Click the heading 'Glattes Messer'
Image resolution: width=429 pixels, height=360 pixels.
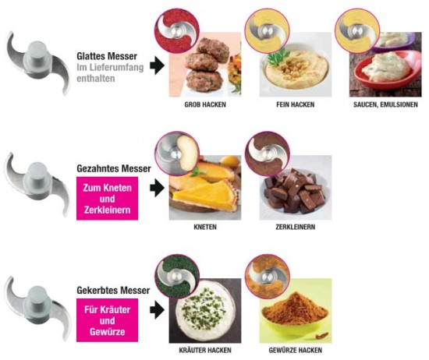tap(107, 56)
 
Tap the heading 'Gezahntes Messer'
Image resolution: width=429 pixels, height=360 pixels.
tap(114, 168)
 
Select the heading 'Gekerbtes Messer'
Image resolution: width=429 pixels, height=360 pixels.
tap(113, 291)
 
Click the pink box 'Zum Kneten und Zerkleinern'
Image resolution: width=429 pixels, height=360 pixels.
tap(108, 199)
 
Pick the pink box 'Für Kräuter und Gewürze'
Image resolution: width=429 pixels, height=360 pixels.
tap(108, 320)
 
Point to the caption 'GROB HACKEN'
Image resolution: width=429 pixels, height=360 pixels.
tap(205, 104)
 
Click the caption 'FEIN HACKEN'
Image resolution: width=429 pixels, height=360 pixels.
tap(295, 104)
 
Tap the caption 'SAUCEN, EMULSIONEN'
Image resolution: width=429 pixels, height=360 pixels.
tap(385, 104)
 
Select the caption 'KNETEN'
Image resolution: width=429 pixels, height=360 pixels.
tap(205, 227)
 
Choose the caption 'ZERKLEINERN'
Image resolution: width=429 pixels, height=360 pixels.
tap(295, 227)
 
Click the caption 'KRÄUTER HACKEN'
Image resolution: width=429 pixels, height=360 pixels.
tap(205, 350)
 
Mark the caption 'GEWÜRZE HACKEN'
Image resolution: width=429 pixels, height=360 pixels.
tap(295, 350)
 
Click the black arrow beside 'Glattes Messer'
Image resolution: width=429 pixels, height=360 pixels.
tap(157, 65)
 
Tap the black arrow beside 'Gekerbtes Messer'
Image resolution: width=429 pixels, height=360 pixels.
tap(157, 309)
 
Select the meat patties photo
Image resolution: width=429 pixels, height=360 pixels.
tap(205, 65)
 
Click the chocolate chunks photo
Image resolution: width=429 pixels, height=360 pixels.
tap(296, 188)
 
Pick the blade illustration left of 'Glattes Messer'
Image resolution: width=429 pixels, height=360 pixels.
tap(37, 63)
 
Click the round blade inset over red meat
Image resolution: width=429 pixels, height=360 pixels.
tap(176, 30)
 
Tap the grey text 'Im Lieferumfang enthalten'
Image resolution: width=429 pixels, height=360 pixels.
tap(110, 72)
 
